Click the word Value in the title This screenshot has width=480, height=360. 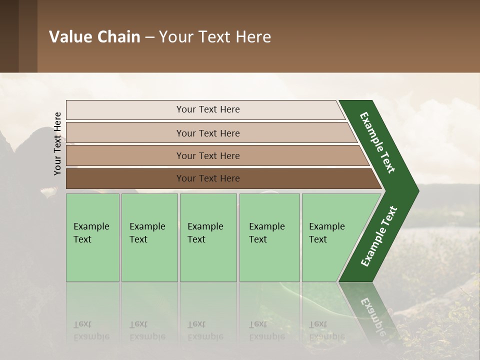[70, 37]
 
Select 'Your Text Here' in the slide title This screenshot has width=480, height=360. [215, 37]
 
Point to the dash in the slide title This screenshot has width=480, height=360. [149, 37]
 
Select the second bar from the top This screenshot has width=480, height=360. [207, 133]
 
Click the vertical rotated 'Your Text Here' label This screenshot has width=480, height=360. [57, 143]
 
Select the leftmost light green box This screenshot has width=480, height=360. [92, 237]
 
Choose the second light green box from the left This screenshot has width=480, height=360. [149, 237]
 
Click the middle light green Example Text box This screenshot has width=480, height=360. [208, 237]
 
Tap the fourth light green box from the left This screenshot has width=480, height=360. [269, 237]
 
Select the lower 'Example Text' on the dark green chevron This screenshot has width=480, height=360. [379, 236]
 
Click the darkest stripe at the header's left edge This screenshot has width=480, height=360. [9, 36]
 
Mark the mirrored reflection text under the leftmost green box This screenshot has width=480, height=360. [91, 330]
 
